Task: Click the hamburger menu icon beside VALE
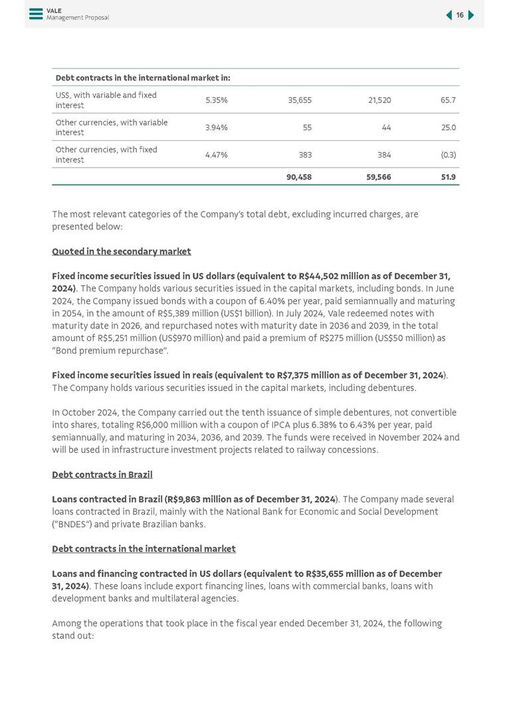[36, 14]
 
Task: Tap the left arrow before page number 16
[449, 15]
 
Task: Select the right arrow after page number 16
[471, 15]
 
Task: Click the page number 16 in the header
[460, 15]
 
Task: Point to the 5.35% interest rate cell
[217, 100]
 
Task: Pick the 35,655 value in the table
[300, 100]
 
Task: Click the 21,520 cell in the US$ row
[379, 100]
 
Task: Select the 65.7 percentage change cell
[448, 100]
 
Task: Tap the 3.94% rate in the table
[217, 128]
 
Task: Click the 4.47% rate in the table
[217, 155]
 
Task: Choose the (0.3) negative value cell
[448, 155]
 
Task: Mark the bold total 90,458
[299, 178]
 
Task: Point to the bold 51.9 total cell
[449, 178]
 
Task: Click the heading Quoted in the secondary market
[122, 251]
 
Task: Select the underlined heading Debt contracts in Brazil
[102, 475]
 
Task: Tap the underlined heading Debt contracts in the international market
[144, 549]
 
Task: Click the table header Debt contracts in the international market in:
[143, 78]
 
